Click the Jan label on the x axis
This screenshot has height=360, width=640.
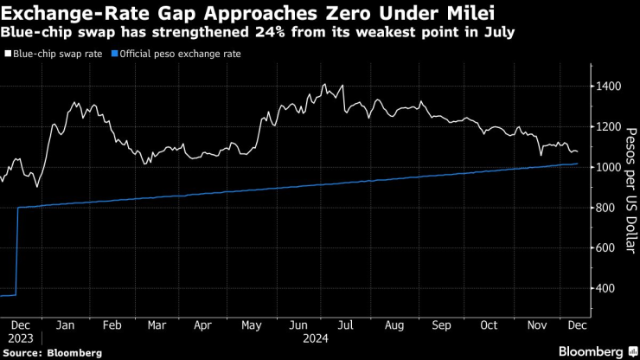tap(64, 326)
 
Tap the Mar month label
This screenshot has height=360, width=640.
tap(157, 326)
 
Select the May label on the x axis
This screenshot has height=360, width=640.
tap(251, 326)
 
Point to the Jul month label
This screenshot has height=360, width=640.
tap(346, 326)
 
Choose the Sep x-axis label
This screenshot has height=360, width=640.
tap(441, 326)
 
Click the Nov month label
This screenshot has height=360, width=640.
tap(536, 326)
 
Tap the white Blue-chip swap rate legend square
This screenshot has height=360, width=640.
tap(8, 54)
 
